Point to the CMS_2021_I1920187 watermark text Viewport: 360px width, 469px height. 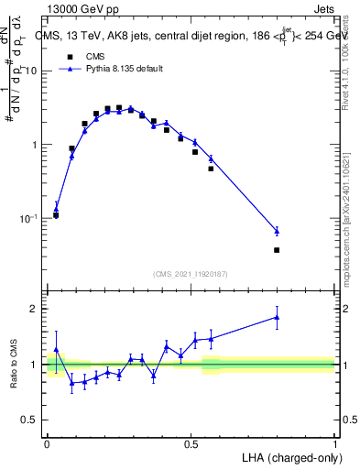[x=190, y=273]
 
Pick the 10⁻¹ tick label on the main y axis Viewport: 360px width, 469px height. [x=29, y=219]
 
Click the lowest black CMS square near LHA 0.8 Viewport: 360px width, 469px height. [x=277, y=250]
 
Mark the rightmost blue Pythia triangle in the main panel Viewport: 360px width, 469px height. [x=277, y=231]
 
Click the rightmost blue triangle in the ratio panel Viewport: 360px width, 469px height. [x=277, y=318]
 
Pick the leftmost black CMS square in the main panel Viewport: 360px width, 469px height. [x=56, y=215]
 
